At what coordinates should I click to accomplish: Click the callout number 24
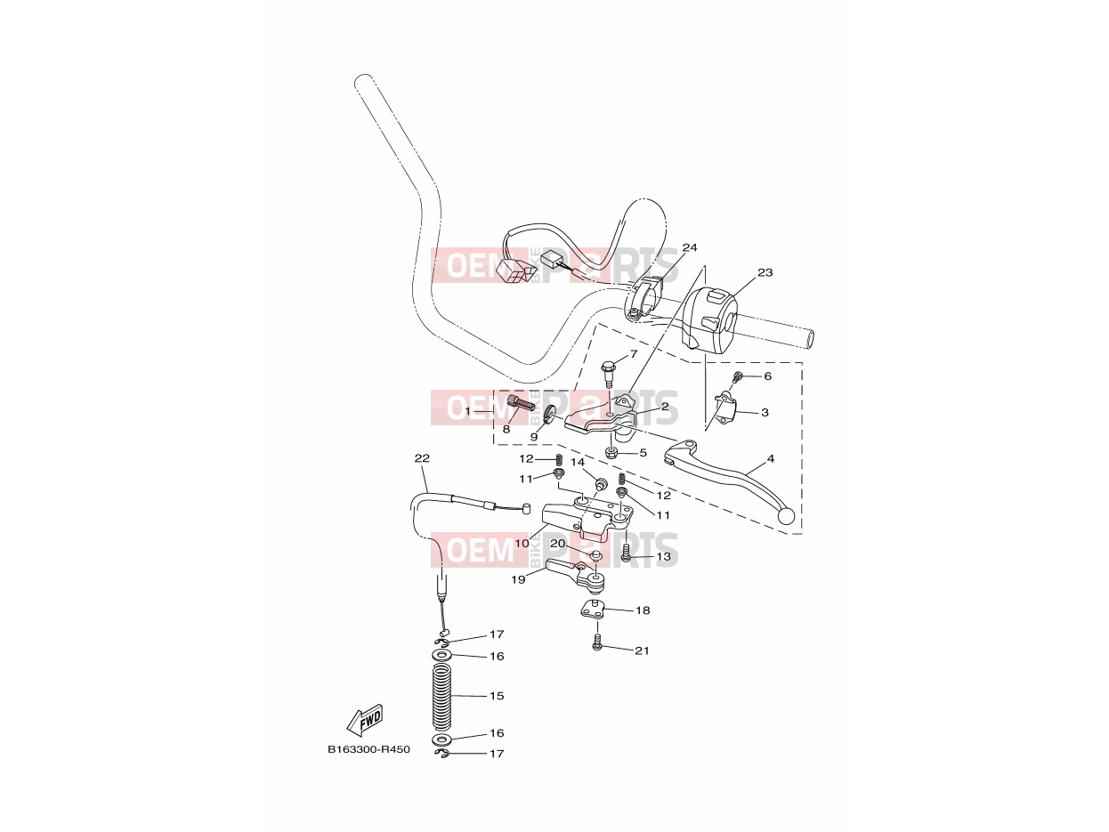[x=689, y=247]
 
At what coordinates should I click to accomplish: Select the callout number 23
[x=765, y=273]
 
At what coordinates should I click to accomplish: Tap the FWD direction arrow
[x=365, y=721]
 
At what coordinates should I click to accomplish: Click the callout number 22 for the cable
[x=422, y=458]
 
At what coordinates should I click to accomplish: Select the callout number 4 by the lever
[x=771, y=458]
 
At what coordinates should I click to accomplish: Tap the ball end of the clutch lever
[x=786, y=516]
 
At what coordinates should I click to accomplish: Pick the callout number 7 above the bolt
[x=634, y=353]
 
